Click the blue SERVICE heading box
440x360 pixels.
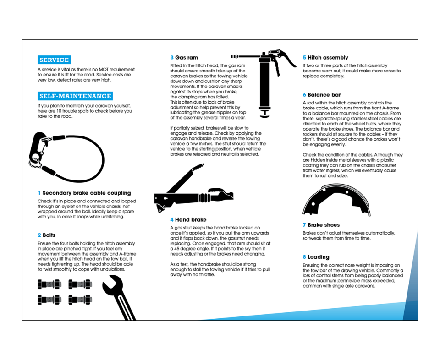pyautogui.click(x=54, y=60)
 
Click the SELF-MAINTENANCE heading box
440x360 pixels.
pyautogui.click(x=75, y=96)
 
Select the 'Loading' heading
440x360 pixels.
pyautogui.click(x=318, y=257)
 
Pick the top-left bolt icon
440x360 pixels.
pyautogui.click(x=49, y=285)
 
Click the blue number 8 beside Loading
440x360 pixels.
pyautogui.click(x=304, y=257)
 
